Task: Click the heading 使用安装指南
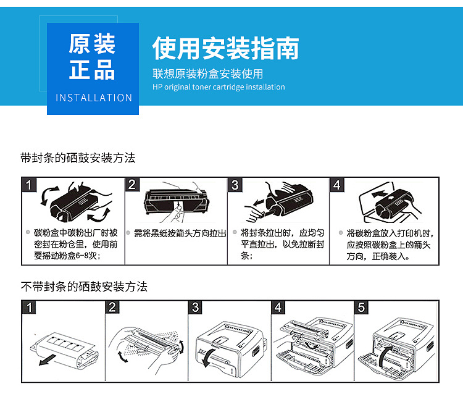226,48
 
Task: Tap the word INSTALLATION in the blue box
94,98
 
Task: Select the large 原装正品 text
92,57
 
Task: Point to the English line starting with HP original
219,87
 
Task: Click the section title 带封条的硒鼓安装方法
78,158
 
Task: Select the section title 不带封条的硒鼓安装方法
84,287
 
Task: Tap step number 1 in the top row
30,185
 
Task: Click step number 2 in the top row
132,185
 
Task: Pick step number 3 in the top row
235,185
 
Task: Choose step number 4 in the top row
336,185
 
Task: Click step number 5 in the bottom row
362,308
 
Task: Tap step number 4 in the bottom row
279,308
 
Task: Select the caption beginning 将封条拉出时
282,244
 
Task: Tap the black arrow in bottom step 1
46,359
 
